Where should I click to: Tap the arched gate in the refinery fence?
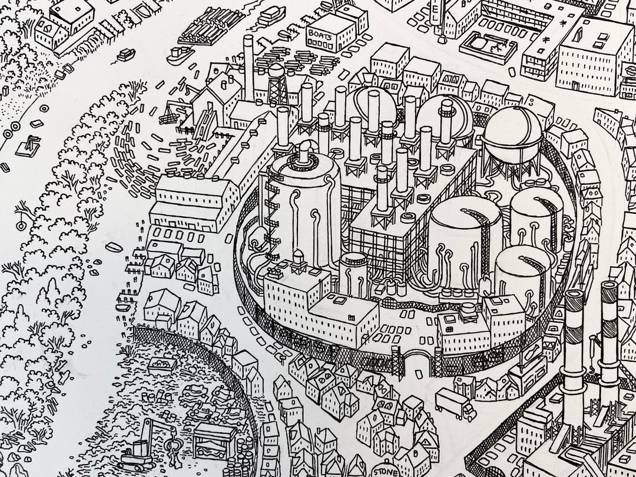click(x=418, y=362)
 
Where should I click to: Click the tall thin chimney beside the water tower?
click(x=249, y=68)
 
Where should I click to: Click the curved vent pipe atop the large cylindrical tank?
click(x=303, y=153)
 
